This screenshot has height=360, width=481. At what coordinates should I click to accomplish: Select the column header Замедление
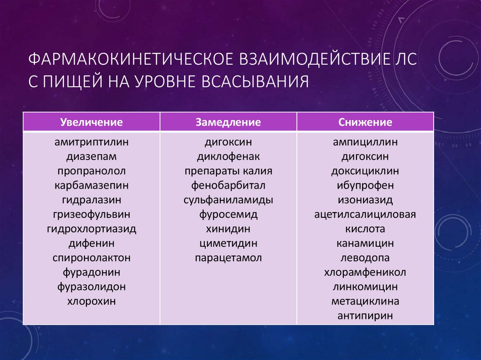click(228, 123)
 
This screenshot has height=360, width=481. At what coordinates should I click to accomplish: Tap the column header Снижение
click(365, 123)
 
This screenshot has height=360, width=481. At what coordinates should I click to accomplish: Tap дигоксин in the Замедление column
click(228, 141)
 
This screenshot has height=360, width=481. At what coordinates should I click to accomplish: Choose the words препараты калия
click(228, 170)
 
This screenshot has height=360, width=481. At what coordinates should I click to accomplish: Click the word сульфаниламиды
click(228, 200)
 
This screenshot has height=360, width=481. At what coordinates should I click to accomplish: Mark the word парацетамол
click(228, 258)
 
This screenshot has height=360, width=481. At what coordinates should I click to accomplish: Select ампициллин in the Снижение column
click(365, 141)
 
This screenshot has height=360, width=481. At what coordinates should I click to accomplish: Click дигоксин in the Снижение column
click(365, 156)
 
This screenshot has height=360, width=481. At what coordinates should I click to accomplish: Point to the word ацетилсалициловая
click(365, 214)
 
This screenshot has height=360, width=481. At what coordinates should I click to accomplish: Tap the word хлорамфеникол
click(365, 272)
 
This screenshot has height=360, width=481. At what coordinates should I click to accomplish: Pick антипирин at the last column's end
click(365, 316)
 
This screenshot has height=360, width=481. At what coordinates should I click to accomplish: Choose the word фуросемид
click(228, 214)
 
